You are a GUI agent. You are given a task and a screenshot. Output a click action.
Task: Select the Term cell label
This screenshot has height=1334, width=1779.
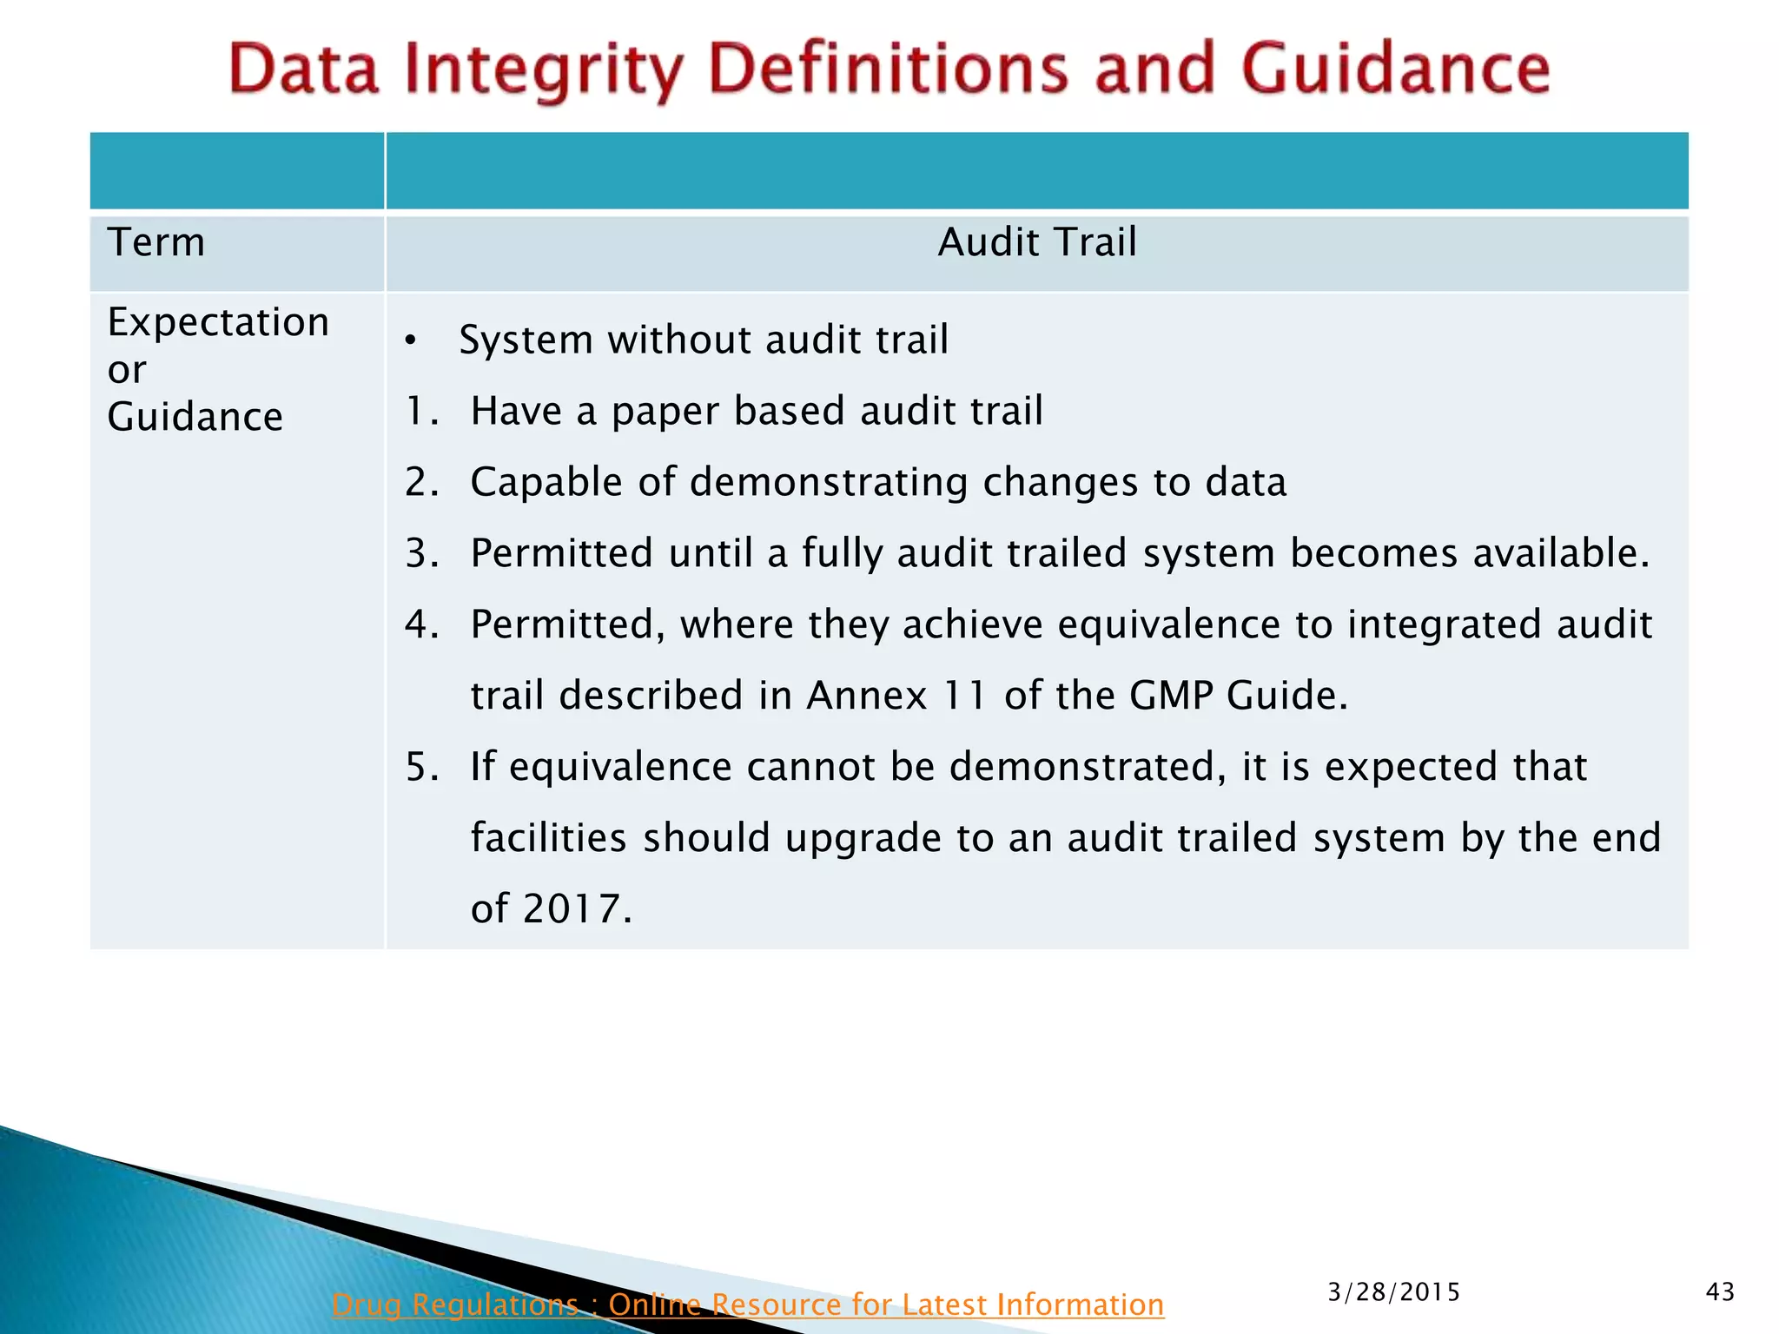pyautogui.click(x=156, y=242)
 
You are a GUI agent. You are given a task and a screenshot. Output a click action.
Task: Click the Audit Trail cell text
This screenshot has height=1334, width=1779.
pyautogui.click(x=1036, y=242)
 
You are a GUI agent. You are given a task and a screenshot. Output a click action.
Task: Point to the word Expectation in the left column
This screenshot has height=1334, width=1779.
pyautogui.click(x=218, y=322)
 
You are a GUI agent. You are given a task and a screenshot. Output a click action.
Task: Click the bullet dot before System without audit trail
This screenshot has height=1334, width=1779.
pyautogui.click(x=410, y=340)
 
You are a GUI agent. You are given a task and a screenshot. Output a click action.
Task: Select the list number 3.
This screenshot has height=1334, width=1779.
pyautogui.click(x=421, y=553)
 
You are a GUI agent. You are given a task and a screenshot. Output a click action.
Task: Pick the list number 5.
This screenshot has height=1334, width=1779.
pyautogui.click(x=421, y=767)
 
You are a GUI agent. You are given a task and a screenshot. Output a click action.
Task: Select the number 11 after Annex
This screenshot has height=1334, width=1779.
pyautogui.click(x=965, y=696)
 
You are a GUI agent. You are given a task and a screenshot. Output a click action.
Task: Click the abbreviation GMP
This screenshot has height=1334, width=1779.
pyautogui.click(x=1170, y=696)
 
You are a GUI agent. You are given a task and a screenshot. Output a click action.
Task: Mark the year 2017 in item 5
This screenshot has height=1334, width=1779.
pyautogui.click(x=572, y=909)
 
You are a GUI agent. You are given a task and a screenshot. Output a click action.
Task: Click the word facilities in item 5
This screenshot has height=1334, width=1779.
pyautogui.click(x=548, y=838)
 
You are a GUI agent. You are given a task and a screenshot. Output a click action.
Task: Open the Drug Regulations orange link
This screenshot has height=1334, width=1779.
pyautogui.click(x=747, y=1304)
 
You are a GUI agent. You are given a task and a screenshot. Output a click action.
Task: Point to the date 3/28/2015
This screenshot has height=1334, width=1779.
pyautogui.click(x=1393, y=1292)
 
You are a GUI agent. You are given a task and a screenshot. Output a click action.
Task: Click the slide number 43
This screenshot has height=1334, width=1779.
pyautogui.click(x=1720, y=1292)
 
